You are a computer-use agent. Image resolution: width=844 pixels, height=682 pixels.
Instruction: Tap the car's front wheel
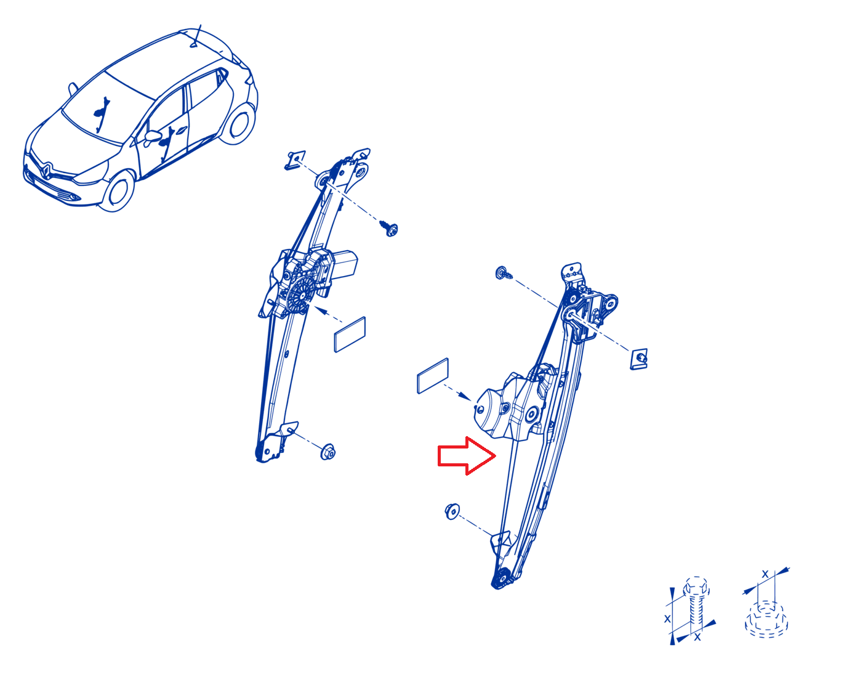point(118,192)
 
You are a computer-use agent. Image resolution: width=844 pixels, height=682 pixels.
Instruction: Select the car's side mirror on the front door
point(153,136)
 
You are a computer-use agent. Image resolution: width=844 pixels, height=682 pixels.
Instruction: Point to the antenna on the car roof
point(196,36)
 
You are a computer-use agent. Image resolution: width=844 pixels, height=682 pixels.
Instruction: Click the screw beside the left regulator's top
point(388,227)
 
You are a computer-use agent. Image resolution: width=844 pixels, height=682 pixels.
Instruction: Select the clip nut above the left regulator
point(295,160)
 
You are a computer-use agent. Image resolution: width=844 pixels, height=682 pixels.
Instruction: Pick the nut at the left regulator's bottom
point(328,452)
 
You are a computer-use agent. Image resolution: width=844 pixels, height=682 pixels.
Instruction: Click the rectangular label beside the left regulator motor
point(350,335)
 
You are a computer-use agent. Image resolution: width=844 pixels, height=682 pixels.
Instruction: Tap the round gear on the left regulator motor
point(300,295)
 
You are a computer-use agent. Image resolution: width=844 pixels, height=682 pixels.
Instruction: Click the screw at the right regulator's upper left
point(503,273)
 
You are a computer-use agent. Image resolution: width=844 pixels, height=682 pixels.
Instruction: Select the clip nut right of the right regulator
point(638,359)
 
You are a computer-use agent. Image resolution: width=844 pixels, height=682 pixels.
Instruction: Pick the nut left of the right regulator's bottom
point(452,511)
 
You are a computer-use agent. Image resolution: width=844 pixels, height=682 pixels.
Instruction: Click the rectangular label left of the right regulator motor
point(432,375)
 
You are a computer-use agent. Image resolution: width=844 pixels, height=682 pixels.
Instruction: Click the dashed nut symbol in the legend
point(766,619)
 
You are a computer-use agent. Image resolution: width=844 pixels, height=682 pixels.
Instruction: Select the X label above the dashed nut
point(765,574)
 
